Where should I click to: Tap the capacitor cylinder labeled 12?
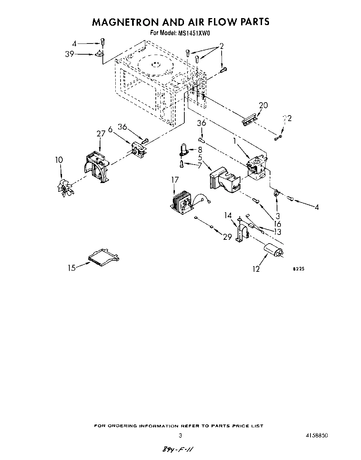click(273, 251)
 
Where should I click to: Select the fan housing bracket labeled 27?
click(97, 167)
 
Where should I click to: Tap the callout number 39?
click(70, 54)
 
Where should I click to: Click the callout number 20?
click(263, 105)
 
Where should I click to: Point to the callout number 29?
click(227, 237)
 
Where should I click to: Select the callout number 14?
click(228, 216)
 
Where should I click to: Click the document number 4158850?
click(315, 436)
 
